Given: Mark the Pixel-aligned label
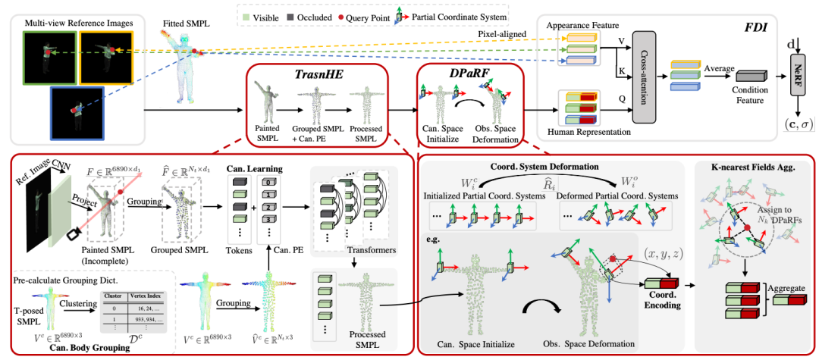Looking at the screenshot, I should click(x=502, y=34).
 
